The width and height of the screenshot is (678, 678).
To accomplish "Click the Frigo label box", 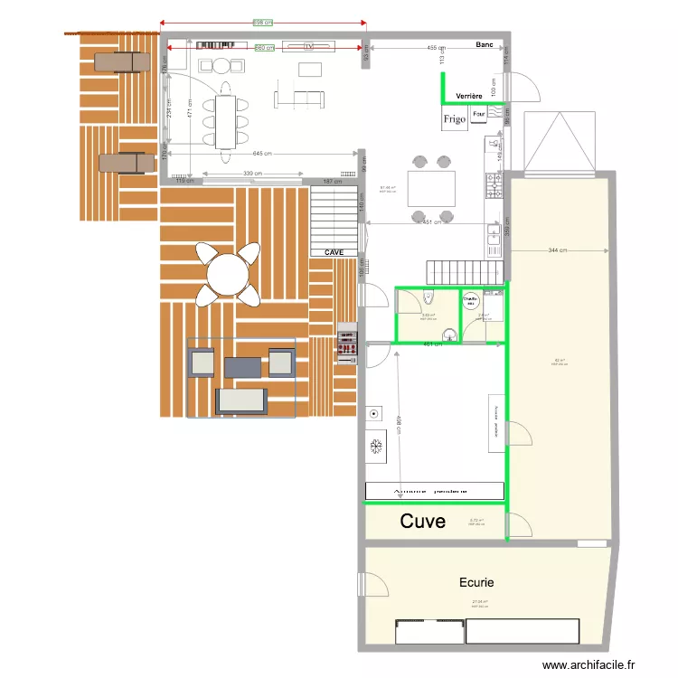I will pos(454,119).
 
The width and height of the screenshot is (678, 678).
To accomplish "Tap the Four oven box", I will pos(479,115).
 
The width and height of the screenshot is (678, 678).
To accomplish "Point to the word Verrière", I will pos(469,95).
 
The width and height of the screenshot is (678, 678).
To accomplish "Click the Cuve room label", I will pos(423,522).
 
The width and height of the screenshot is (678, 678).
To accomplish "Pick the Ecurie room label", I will pos(476,583).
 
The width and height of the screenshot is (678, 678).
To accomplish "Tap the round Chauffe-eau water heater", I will pos(470,302).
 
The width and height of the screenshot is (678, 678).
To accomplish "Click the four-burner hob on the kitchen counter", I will pos(494,186).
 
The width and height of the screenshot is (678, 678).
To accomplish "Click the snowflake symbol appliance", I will pos(377,446).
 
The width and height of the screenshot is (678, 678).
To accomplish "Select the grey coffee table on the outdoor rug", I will pos(243,366).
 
